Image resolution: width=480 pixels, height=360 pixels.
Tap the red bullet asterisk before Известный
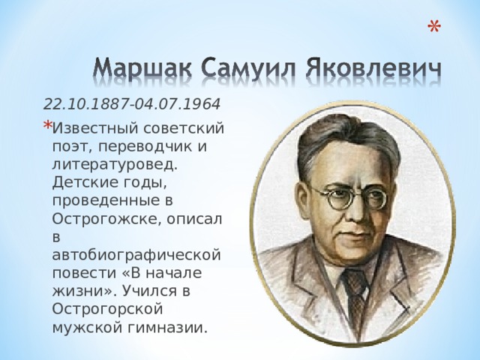[47, 124]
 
